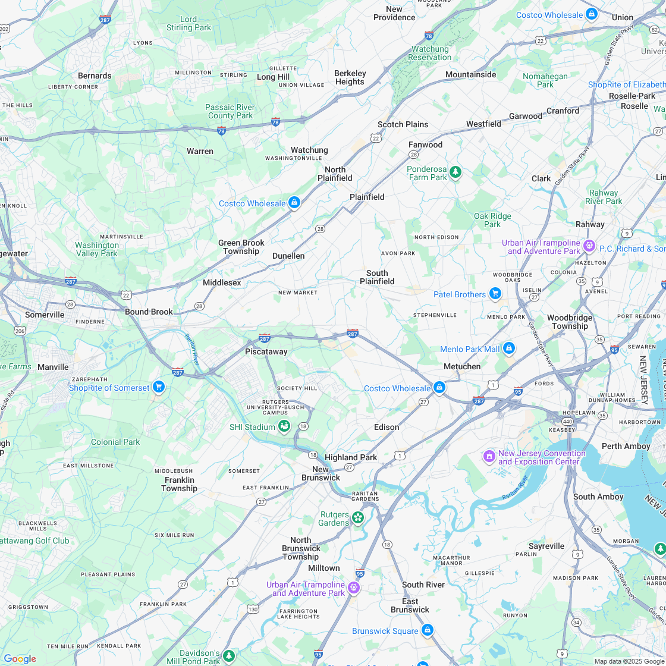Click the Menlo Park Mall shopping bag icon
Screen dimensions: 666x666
508,348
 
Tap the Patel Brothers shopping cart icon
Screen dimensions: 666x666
495,294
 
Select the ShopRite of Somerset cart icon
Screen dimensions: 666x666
158,387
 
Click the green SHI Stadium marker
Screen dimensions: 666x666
284,426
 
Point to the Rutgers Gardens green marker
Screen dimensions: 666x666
357,518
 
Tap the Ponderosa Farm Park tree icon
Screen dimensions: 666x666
455,172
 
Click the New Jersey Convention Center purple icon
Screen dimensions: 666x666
489,457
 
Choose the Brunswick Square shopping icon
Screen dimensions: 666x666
427,630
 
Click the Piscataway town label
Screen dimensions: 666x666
266,351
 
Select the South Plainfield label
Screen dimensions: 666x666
377,277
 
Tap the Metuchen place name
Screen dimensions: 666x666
462,366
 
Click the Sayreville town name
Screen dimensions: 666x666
546,546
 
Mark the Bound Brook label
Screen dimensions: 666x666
149,312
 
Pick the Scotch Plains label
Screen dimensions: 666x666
403,124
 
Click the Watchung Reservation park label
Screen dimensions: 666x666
430,53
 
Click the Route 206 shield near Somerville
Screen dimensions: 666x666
20,331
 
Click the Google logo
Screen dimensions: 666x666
20,658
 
